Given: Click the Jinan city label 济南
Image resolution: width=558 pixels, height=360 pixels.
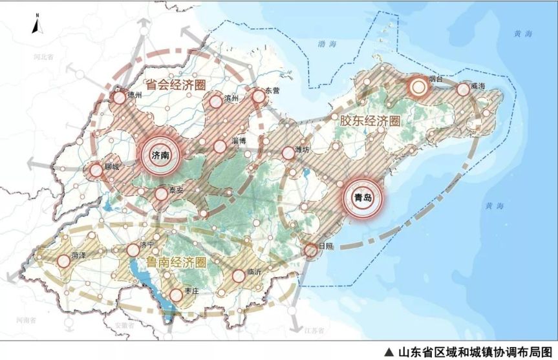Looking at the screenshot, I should click(158, 156).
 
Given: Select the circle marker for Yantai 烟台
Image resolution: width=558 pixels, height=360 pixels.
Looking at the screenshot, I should click(418, 86).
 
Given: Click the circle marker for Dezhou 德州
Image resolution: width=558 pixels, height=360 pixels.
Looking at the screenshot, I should click(119, 98).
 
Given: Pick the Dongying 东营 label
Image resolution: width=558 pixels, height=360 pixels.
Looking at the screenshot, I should click(272, 91).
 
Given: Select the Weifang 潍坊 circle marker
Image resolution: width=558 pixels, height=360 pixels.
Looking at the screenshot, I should click(288, 153).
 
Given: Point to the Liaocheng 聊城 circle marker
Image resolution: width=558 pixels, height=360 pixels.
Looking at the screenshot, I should click(96, 171).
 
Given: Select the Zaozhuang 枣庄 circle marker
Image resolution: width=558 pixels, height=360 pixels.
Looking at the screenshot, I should click(176, 297).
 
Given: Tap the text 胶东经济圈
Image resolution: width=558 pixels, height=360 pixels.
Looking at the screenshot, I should click(369, 120).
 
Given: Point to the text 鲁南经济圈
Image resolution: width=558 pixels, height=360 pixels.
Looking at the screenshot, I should click(175, 262).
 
